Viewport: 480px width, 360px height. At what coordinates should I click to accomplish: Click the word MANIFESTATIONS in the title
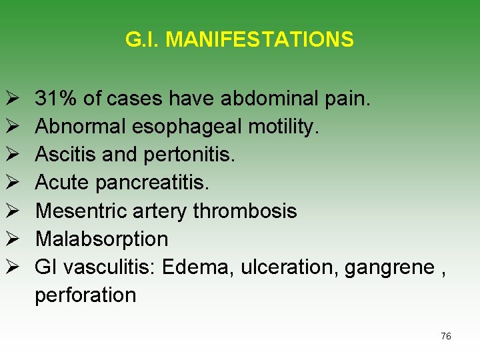coord(259,40)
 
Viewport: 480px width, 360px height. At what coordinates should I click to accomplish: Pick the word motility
coord(281,127)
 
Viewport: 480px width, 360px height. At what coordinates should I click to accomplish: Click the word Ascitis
coord(66,155)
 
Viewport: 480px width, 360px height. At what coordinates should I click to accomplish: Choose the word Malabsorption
coord(101,239)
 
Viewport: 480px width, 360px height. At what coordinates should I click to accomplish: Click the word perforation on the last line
coord(85,295)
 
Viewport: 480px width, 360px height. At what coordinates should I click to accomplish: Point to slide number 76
coord(446,336)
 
